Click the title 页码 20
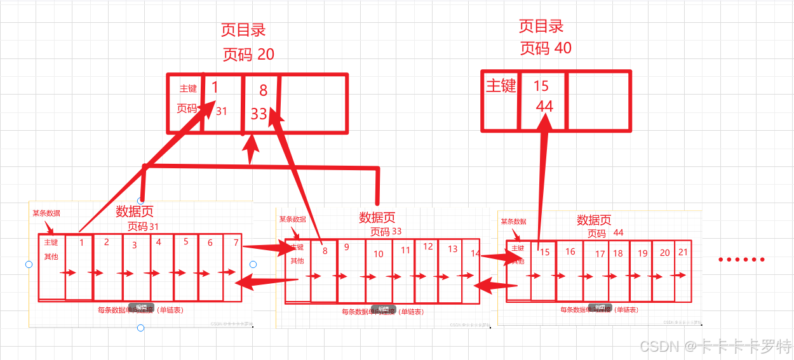248,55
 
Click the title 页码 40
546,48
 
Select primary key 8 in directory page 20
263,91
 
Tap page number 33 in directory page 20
259,114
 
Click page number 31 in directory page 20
221,112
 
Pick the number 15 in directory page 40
541,86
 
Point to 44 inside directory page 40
544,107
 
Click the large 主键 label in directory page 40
501,86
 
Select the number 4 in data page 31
159,242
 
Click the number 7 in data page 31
236,243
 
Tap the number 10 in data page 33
379,254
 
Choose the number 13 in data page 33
452,249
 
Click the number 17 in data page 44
600,254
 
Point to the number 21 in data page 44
683,252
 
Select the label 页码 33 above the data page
386,231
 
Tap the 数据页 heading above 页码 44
594,220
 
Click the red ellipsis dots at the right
741,260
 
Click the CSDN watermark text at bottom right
715,347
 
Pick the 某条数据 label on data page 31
46,213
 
